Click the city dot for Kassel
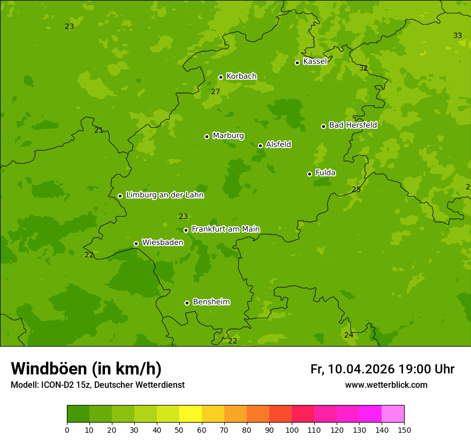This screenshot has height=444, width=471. click(297, 63)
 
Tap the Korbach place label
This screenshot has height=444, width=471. click(241, 76)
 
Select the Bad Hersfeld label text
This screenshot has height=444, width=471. click(353, 125)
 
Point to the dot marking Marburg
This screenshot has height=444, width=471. click(207, 136)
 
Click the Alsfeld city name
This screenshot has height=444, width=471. click(278, 144)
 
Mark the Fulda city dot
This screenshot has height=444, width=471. click(309, 174)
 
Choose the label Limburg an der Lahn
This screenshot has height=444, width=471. click(164, 195)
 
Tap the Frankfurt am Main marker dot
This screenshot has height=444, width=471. click(186, 230)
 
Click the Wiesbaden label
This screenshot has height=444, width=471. click(163, 242)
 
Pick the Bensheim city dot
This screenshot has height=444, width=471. click(187, 303)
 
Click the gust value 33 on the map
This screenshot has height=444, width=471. click(458, 36)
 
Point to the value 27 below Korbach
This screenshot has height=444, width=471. click(215, 92)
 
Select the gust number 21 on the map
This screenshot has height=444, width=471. click(98, 130)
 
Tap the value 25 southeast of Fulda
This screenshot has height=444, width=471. click(356, 190)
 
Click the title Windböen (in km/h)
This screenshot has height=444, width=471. click(86, 369)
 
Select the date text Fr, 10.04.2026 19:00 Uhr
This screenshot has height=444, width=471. click(382, 369)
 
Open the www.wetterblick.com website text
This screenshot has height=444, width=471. click(386, 385)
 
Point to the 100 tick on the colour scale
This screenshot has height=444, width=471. click(292, 430)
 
